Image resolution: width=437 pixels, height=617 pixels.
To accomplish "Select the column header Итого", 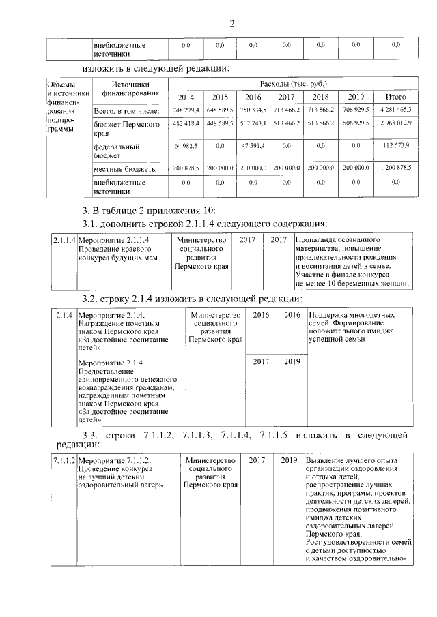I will point(395,97).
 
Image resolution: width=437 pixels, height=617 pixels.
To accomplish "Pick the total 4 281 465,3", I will point(395,110).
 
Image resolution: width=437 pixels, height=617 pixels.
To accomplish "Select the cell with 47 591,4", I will point(252,146).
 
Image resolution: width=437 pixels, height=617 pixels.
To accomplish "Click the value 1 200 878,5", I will point(395,168).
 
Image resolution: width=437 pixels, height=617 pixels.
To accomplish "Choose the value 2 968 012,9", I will point(395,125).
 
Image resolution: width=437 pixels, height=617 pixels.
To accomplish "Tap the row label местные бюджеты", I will point(125,168).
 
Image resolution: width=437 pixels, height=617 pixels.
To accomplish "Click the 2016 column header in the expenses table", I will point(253,97).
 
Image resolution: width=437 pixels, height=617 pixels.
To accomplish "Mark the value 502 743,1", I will point(252,125).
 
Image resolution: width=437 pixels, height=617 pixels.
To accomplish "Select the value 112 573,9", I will point(395,146).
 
